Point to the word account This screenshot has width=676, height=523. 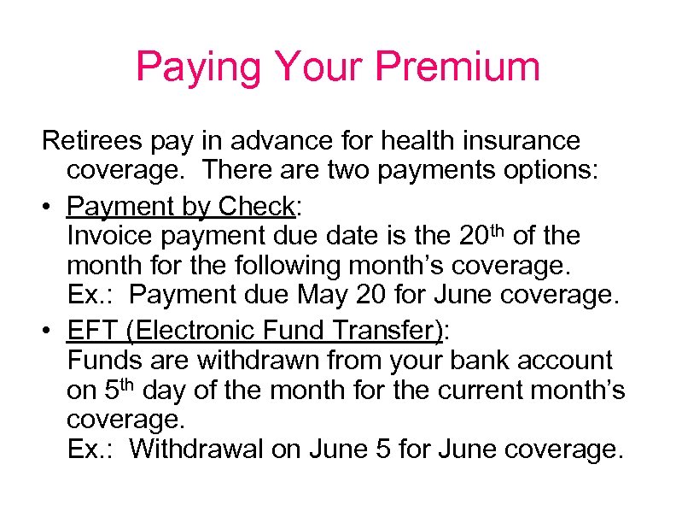pos(571,361)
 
